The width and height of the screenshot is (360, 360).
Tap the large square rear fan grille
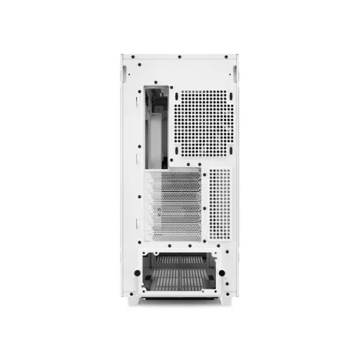pos(203,123)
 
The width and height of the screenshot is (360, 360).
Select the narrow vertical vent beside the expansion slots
pos(219,204)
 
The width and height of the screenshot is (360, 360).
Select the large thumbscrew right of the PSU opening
pos(222,274)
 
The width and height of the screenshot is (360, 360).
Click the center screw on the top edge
pos(180,57)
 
